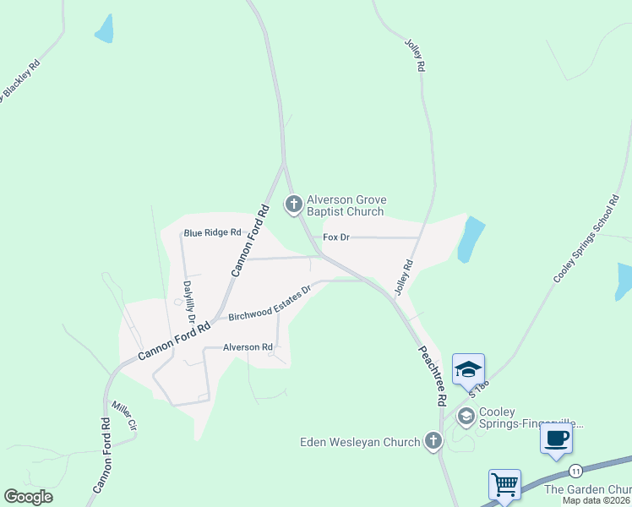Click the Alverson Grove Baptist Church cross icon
[293, 204]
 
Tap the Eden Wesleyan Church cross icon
[433, 441]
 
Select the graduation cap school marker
[468, 369]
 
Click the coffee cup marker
[556, 439]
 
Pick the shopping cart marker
[504, 485]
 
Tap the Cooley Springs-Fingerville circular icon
[466, 416]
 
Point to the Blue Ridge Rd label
[213, 232]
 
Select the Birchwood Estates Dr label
[270, 302]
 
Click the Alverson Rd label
[248, 347]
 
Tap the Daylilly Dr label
[189, 304]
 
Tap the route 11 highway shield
[575, 470]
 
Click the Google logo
[28, 497]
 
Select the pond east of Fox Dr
[471, 239]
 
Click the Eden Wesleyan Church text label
[361, 442]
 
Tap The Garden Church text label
[588, 489]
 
